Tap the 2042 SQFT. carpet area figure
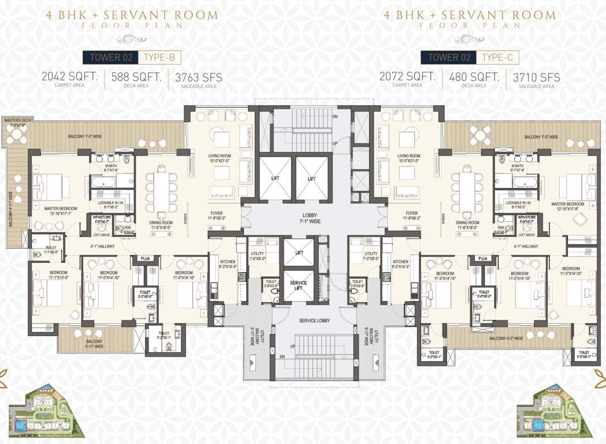[69, 77]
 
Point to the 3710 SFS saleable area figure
[533, 77]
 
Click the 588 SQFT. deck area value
[136, 77]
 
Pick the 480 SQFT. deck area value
[473, 77]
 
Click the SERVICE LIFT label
[299, 286]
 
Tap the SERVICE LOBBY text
[315, 321]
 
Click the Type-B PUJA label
[144, 258]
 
